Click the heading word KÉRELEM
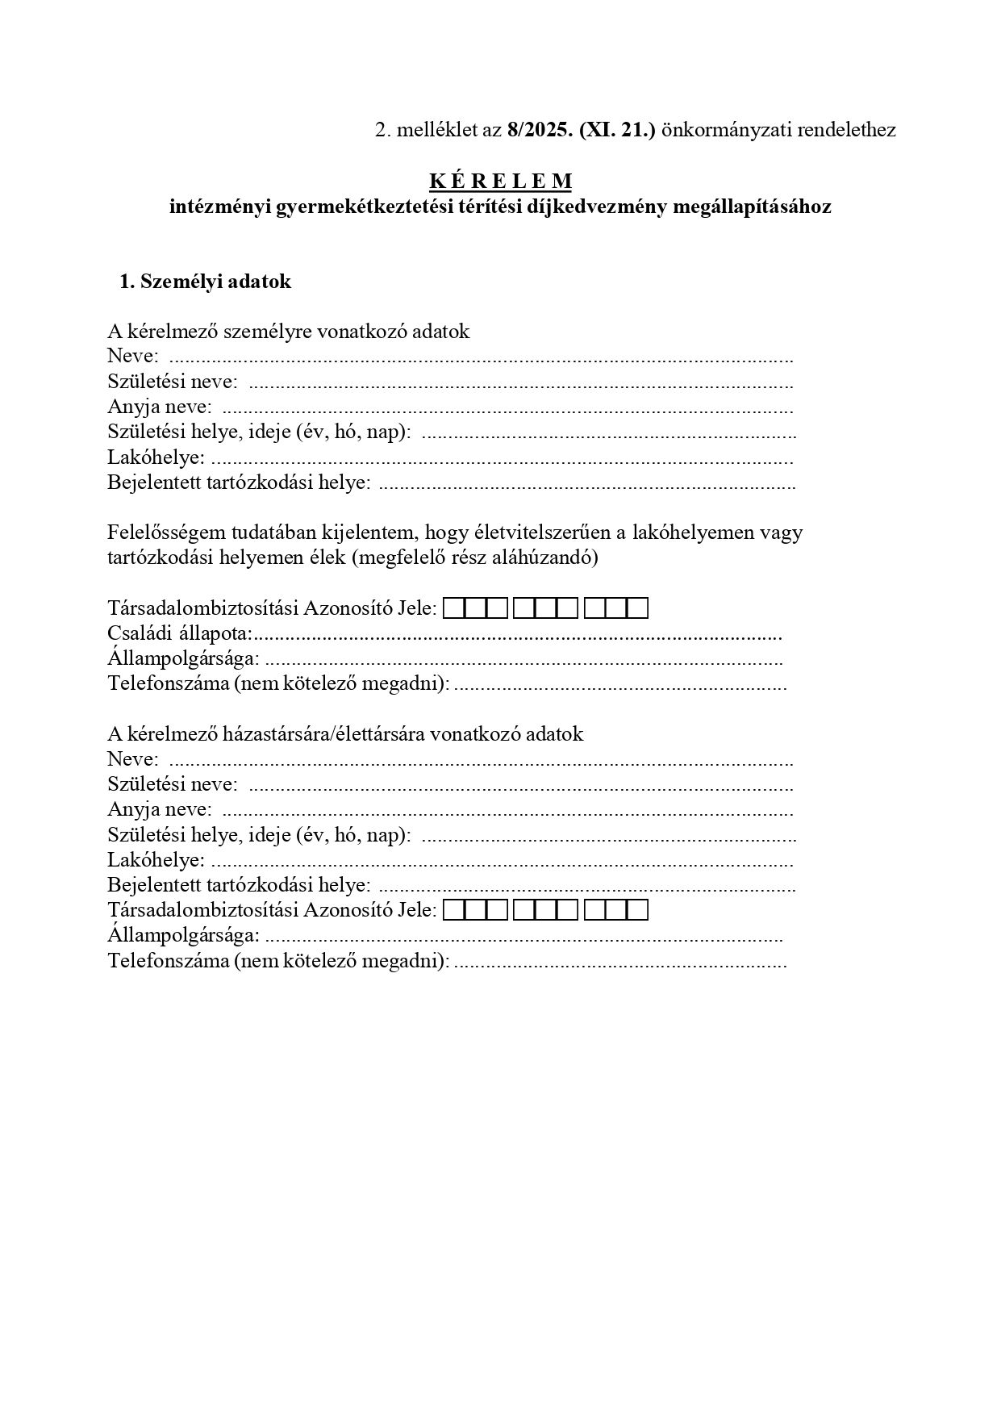coord(500,182)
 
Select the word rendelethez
coord(846,130)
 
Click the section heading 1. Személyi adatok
coord(205,282)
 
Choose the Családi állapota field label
coord(180,634)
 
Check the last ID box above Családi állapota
coord(638,609)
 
